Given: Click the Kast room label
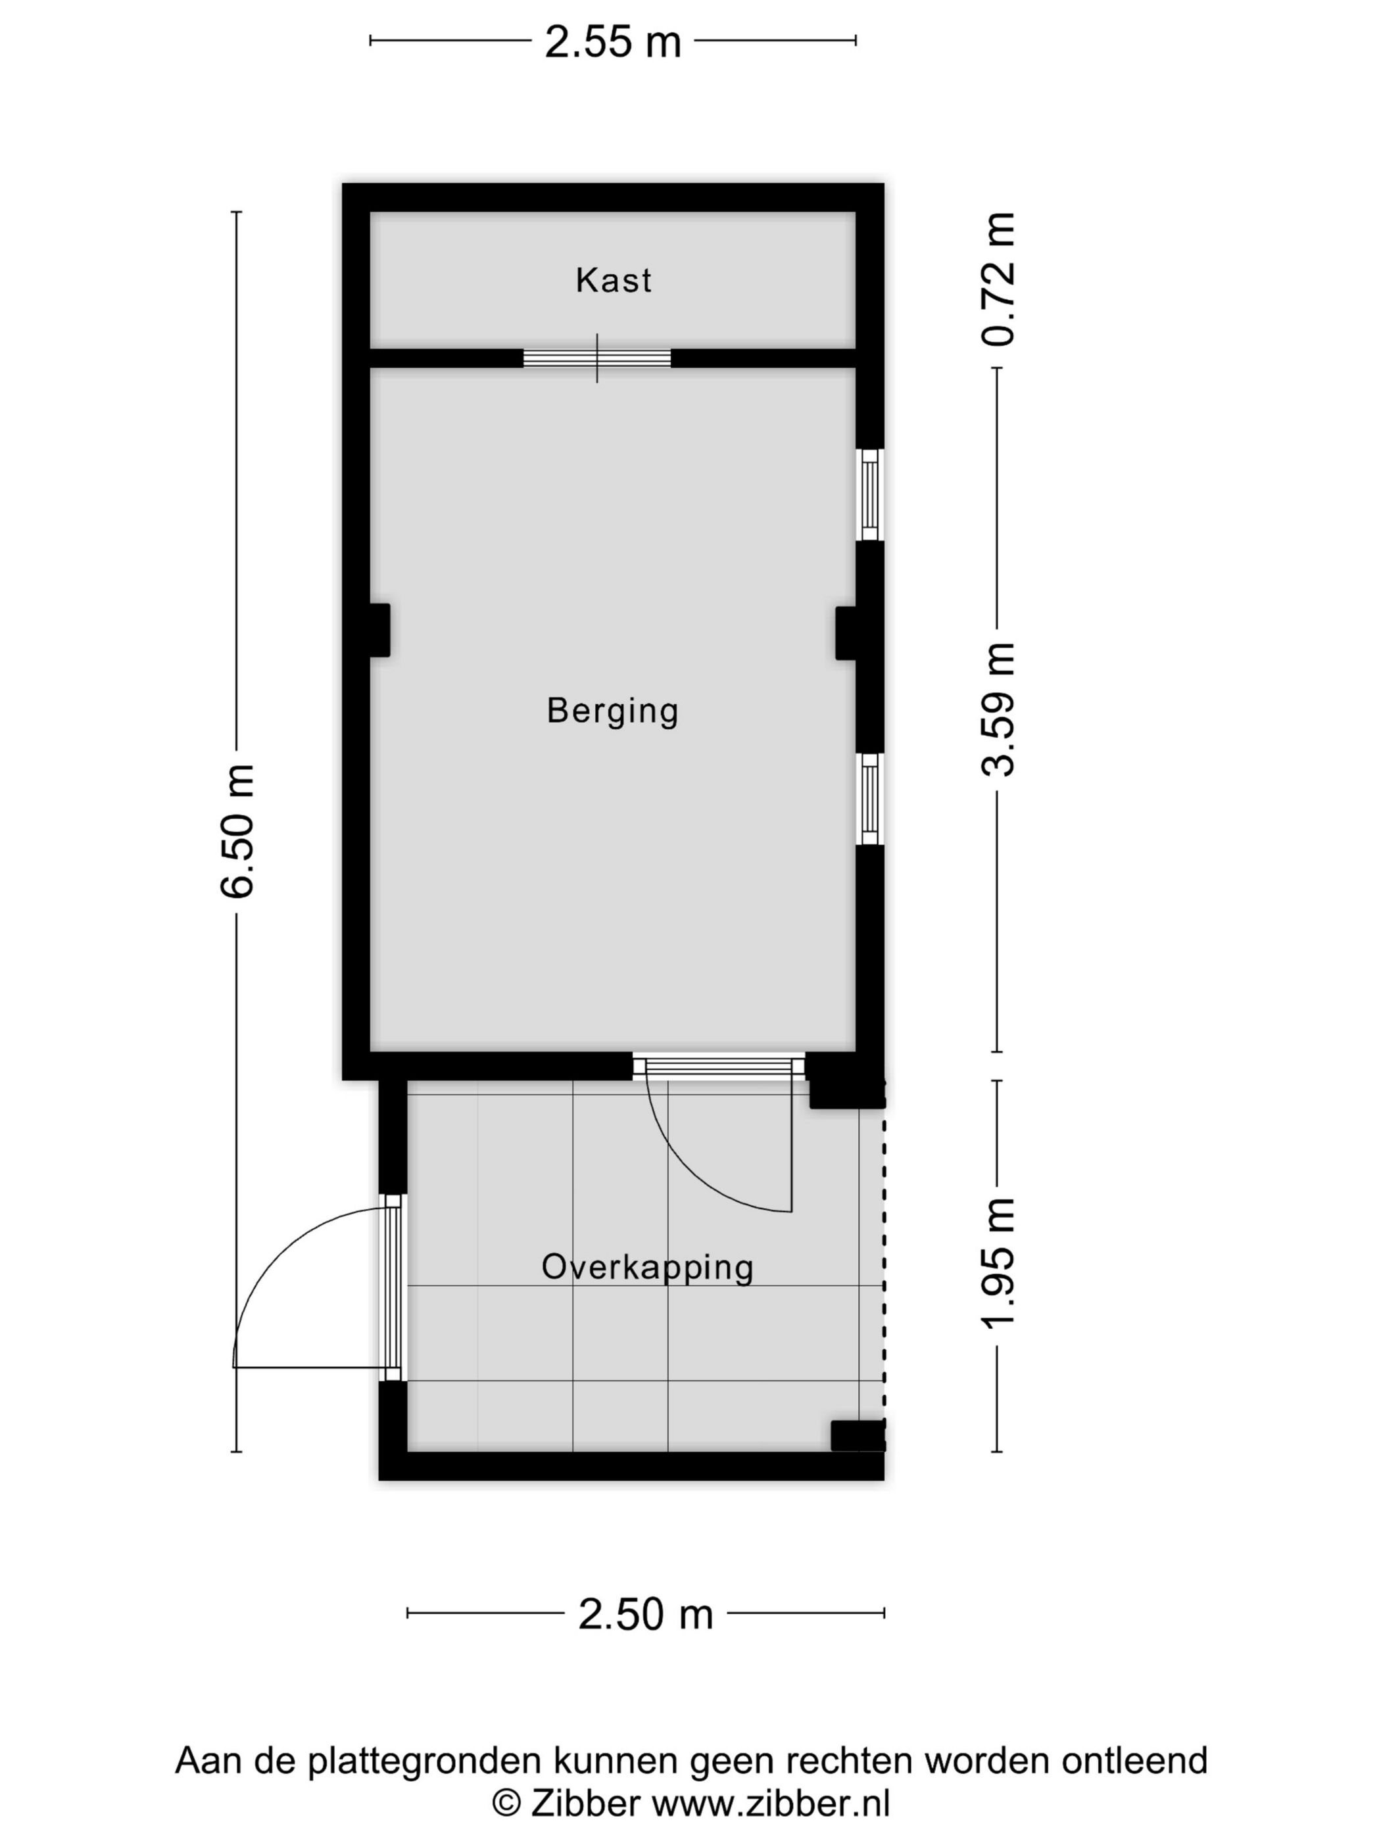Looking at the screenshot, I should pyautogui.click(x=613, y=281).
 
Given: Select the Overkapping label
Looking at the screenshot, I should pyautogui.click(x=647, y=1267).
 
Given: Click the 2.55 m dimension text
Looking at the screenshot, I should pyautogui.click(x=613, y=41).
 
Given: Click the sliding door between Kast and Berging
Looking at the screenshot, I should pyautogui.click(x=597, y=358).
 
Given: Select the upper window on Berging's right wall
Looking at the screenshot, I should pyautogui.click(x=869, y=494).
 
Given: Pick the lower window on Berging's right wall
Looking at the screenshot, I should pyautogui.click(x=869, y=798).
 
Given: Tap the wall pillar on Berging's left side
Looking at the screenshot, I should pyautogui.click(x=379, y=630).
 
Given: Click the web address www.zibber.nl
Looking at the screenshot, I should pyautogui.click(x=770, y=1803).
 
